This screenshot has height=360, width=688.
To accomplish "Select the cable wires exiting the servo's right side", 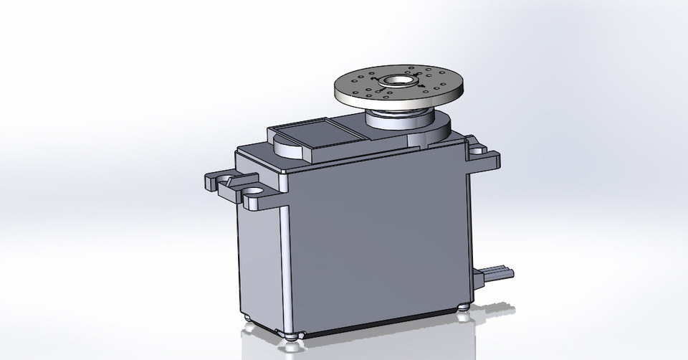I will click(502, 272).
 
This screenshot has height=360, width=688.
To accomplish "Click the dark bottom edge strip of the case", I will click(380, 327).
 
